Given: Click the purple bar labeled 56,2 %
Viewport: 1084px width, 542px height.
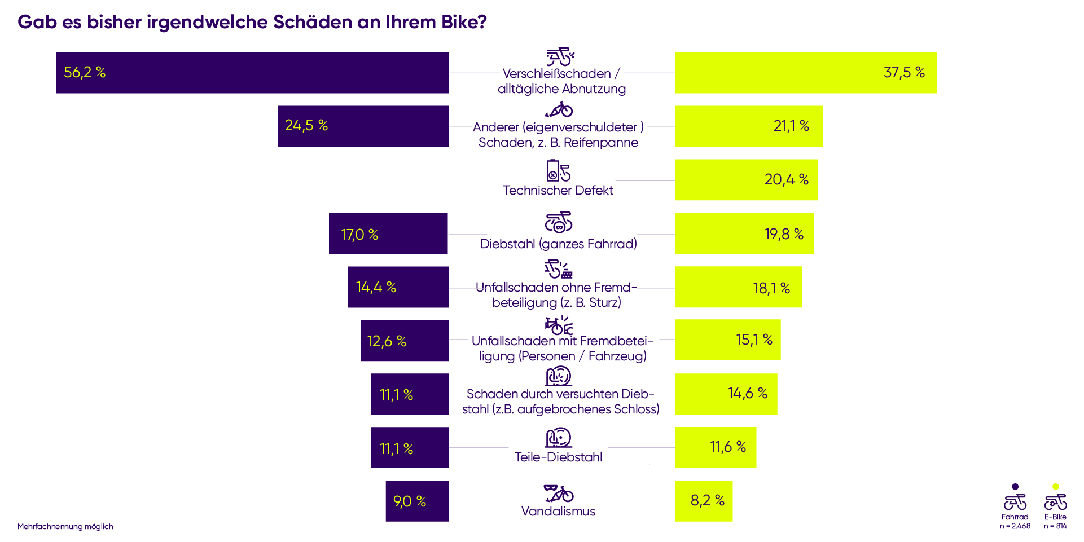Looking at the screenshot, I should [252, 73].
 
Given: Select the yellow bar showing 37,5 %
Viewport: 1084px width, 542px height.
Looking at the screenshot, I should [805, 73].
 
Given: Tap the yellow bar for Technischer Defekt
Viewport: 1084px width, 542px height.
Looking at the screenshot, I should [746, 180].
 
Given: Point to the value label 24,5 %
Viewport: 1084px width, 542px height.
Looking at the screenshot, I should [306, 125].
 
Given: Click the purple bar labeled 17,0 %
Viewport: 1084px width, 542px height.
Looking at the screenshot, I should [388, 233].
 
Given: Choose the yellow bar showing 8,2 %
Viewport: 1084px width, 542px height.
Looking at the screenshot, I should [704, 501].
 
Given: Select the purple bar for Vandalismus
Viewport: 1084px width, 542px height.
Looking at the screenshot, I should [417, 501].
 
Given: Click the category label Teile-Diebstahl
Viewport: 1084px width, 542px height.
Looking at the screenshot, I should [558, 457].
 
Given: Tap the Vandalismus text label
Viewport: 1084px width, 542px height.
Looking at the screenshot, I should [558, 512].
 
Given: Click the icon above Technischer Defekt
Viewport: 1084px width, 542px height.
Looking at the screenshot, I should [558, 170].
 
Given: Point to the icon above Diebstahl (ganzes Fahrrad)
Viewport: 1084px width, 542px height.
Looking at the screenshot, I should [558, 223].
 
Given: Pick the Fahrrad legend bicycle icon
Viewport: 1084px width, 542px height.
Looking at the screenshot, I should [1015, 501].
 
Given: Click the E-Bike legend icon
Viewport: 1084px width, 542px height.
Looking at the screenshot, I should [1055, 501].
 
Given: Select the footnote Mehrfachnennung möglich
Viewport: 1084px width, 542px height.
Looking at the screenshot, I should [65, 527].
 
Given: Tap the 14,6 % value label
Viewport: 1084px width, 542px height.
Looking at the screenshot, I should [747, 393].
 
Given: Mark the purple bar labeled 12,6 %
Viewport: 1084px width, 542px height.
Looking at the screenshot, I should [405, 341].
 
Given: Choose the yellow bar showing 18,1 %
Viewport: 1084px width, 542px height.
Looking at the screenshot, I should [738, 287].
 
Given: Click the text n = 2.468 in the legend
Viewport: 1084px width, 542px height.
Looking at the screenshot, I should [1015, 526].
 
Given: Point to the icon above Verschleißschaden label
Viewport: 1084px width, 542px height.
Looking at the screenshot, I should [560, 57].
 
